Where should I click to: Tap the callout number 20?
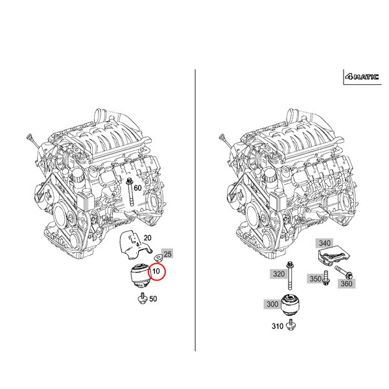pyautogui.click(x=147, y=238)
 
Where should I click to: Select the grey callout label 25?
pyautogui.click(x=167, y=253)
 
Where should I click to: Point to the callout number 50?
pyautogui.click(x=153, y=299)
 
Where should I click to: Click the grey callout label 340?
pyautogui.click(x=324, y=243)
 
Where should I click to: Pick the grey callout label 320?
pyautogui.click(x=279, y=274)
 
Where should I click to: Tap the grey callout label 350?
pyautogui.click(x=315, y=279)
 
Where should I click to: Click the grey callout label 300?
pyautogui.click(x=272, y=303)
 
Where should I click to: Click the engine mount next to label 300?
pyautogui.click(x=293, y=305)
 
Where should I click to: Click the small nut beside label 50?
pyautogui.click(x=140, y=298)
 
